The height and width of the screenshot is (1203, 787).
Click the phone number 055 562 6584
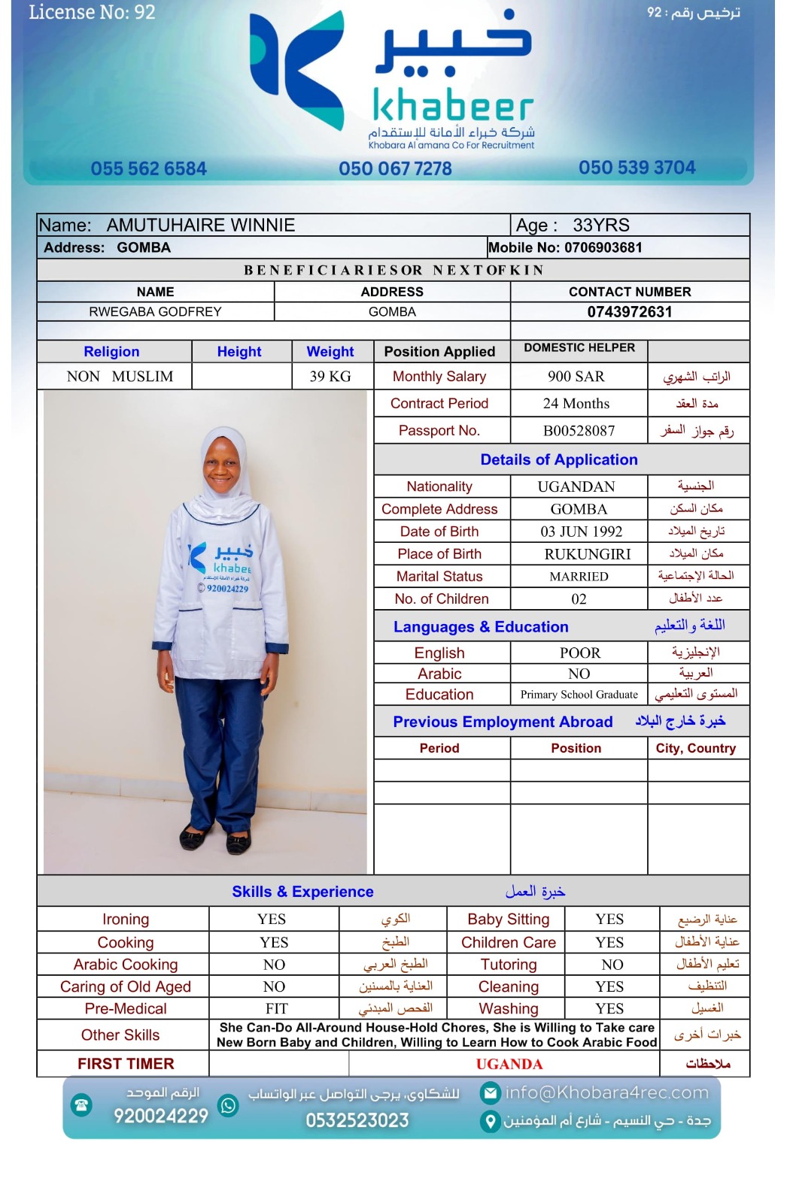point(148,168)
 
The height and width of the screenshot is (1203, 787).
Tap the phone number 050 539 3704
point(637,168)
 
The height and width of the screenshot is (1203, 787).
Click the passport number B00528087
point(579,431)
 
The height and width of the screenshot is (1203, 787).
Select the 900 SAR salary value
point(576,377)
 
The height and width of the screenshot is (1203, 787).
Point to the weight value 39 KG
point(330,377)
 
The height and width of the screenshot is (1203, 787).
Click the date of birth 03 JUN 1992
point(581,532)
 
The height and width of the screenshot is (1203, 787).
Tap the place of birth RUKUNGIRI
point(577,554)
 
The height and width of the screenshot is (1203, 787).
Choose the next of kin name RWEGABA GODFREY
point(155,312)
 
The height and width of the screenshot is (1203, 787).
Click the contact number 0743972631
point(630,312)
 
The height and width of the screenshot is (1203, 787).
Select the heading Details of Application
point(559,460)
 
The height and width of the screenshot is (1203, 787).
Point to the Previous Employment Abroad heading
point(503,723)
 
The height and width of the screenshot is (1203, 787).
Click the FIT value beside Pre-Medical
point(276,1009)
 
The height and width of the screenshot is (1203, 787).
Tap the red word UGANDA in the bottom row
point(509,1065)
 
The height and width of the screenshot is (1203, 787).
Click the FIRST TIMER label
point(126,1064)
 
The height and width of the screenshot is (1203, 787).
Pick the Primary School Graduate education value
point(579,695)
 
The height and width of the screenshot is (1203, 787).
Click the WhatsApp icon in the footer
point(228,1105)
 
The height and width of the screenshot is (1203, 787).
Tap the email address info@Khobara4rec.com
point(606,1092)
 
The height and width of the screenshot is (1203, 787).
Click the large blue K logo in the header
point(297,71)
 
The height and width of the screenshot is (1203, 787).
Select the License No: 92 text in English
point(92,12)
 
